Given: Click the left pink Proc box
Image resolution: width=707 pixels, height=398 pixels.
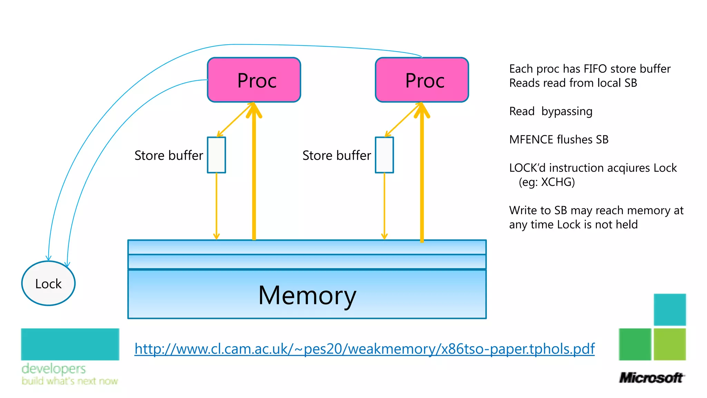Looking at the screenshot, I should [254, 80].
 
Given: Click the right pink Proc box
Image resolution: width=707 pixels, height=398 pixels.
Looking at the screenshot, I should [422, 80].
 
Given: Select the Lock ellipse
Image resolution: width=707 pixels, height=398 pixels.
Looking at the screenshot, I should [48, 283].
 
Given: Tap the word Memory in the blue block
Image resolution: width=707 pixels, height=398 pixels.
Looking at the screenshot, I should [307, 295].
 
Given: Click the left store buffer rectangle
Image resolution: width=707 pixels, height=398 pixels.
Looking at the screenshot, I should [216, 155].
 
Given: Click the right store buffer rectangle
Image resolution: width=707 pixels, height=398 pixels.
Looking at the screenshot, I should [384, 155].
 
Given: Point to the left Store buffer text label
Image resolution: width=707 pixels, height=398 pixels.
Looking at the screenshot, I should [168, 155].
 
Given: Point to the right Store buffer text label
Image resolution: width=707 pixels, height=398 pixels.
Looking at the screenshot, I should [337, 155].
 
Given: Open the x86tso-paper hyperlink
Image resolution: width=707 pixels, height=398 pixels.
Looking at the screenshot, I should [364, 349].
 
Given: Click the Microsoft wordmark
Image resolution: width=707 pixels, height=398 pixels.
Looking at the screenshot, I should [651, 378].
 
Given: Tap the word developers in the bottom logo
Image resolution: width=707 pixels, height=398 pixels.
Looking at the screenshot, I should [54, 369].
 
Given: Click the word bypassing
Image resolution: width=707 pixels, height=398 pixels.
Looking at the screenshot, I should [567, 111].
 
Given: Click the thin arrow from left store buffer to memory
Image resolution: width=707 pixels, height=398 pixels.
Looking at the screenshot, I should [216, 207].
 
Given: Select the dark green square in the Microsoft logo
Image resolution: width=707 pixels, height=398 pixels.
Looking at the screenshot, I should [635, 344].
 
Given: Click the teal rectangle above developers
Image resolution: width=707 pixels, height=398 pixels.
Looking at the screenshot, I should [70, 344].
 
